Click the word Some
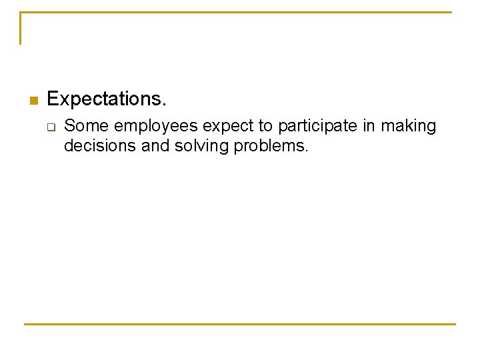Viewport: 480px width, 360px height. pos(86,125)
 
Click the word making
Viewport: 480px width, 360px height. pos(408,127)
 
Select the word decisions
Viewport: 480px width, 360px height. pos(100,145)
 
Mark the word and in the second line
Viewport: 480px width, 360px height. pos(155,145)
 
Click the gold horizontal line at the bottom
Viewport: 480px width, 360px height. pos(240,324)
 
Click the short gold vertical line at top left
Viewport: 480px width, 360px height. pos(21,28)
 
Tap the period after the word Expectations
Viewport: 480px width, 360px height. pos(164,105)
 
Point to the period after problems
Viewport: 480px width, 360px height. pos(306,150)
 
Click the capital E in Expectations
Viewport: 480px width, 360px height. pos(53,99)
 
